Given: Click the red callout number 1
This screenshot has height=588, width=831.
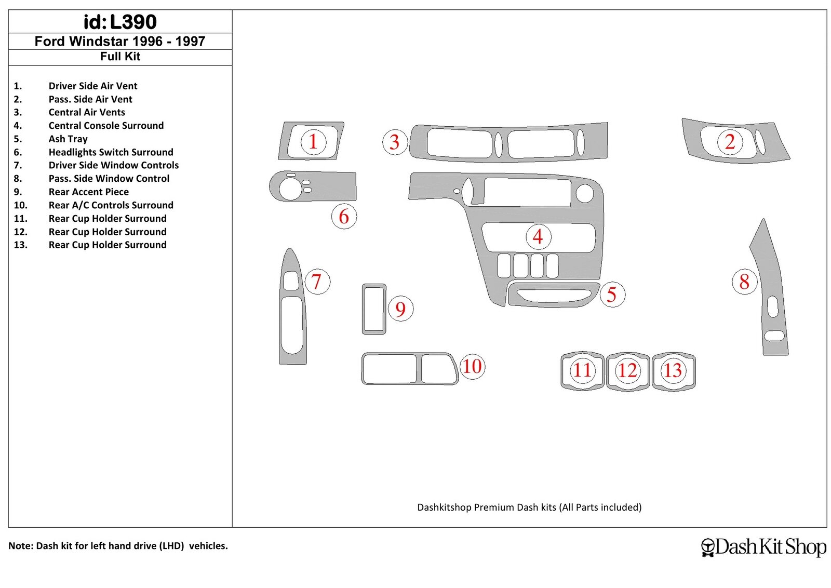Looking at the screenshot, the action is (x=313, y=142).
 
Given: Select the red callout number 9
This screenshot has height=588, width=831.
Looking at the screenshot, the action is (x=400, y=309).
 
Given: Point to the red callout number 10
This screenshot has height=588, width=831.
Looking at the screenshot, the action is (x=472, y=367).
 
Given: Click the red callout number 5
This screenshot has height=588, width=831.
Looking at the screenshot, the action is (x=612, y=295).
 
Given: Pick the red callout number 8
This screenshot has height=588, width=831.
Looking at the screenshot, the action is (x=744, y=282).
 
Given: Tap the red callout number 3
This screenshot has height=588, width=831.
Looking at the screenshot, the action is (x=395, y=142).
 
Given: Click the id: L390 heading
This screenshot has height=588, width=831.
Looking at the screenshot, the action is (x=120, y=22).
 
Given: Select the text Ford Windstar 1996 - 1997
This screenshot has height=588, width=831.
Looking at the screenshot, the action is (x=120, y=41).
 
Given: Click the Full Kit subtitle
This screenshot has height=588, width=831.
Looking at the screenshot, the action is (x=120, y=57).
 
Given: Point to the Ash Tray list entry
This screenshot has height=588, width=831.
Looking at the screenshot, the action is (x=68, y=139).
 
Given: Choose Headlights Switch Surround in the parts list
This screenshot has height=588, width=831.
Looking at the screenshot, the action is (x=111, y=152).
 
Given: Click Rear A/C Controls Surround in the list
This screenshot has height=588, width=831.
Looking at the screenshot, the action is (x=111, y=205).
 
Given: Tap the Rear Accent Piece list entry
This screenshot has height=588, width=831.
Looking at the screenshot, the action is (x=89, y=192).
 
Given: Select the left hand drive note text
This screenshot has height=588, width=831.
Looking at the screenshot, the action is (x=118, y=546).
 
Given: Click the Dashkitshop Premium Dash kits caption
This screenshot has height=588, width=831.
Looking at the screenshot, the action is (x=529, y=507).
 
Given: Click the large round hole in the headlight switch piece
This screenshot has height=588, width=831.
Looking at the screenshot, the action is (x=290, y=189).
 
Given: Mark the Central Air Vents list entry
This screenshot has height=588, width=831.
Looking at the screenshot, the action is (x=87, y=112).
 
